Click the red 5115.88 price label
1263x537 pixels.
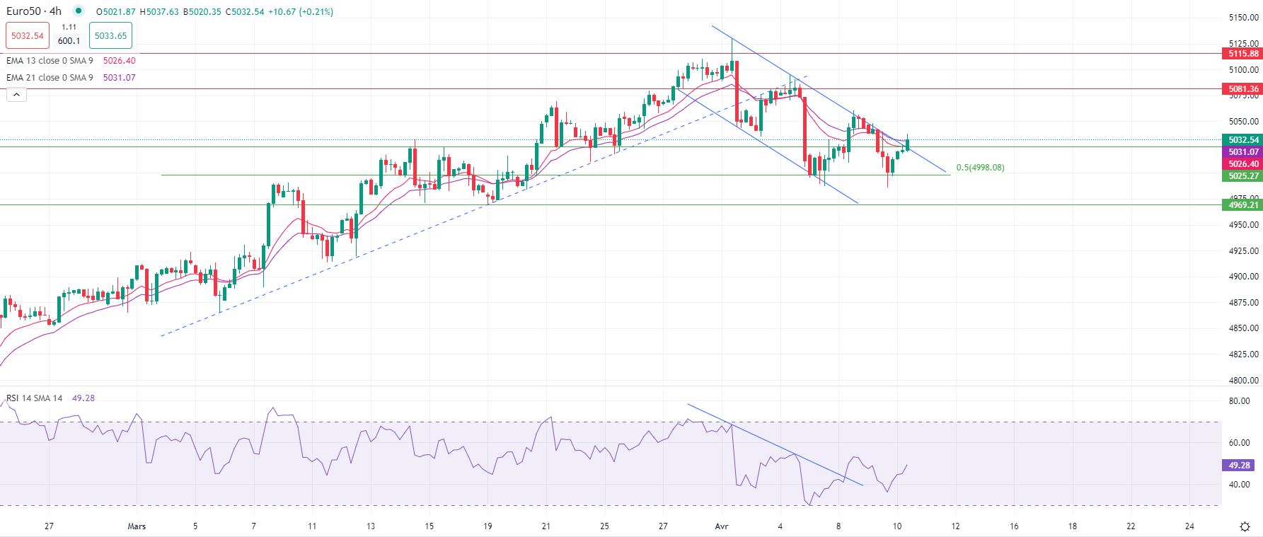pos(1242,54)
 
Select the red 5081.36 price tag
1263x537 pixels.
pos(1242,89)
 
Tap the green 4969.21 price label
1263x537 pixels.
pos(1242,205)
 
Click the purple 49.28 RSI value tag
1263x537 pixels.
pos(1238,466)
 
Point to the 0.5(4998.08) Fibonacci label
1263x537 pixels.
pos(980,168)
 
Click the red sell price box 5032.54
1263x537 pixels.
pos(28,36)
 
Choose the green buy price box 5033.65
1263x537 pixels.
pos(110,36)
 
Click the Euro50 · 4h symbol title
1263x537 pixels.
pos(34,11)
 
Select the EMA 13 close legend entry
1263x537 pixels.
pos(50,61)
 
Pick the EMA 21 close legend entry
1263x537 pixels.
pos(50,78)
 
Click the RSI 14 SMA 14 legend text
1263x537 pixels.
pos(34,398)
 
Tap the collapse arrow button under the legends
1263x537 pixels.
pos(16,95)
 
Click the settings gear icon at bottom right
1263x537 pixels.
pos(1245,526)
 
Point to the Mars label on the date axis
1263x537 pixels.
pos(137,526)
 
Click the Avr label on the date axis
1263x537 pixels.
pos(722,526)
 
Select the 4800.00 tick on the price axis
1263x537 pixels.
pos(1243,381)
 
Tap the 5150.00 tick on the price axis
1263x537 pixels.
pos(1243,18)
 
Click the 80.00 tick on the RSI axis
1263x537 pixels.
pos(1239,401)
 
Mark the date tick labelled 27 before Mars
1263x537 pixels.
pos(49,526)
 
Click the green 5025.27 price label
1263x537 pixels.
pos(1242,176)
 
